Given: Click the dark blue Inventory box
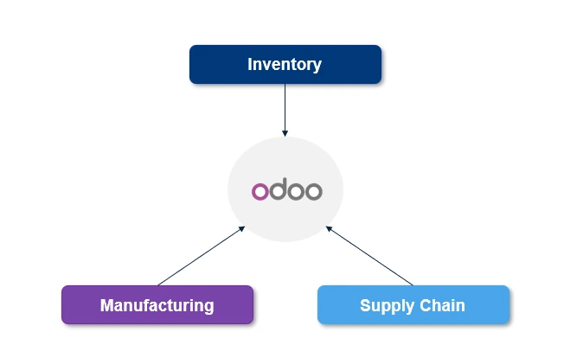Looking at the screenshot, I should tap(285, 64).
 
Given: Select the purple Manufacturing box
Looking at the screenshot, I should tap(157, 304).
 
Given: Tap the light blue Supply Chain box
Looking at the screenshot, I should tap(413, 304).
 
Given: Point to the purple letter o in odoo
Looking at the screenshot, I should tap(260, 191).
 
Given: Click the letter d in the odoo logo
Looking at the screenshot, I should tap(277, 188).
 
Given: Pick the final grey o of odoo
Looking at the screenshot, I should tap(312, 191).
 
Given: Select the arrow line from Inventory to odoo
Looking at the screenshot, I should tap(285, 108).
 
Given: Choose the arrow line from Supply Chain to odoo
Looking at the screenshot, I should tap(370, 257).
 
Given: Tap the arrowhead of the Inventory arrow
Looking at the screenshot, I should tap(285, 133).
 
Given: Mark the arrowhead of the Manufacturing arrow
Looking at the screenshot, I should tap(242, 228).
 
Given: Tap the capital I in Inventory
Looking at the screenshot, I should tap(250, 64).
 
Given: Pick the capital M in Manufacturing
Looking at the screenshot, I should tap(106, 304).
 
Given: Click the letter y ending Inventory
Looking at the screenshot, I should tap(317, 66).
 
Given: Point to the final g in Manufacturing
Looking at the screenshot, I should tap(208, 306).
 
